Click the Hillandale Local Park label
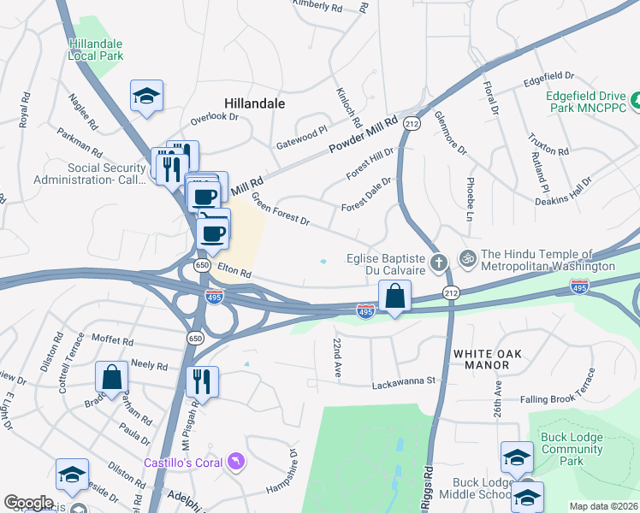tap(96, 50)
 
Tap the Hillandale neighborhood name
tap(254, 103)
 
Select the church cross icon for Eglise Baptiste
tap(439, 262)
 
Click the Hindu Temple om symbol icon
tap(467, 256)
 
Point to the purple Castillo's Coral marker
tap(235, 463)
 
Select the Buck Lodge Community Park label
tap(572, 449)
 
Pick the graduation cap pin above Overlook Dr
tap(147, 96)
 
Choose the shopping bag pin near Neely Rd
tap(111, 376)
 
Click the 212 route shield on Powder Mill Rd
tap(412, 124)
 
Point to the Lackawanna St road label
tap(404, 385)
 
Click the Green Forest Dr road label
tap(280, 209)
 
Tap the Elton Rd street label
tap(234, 271)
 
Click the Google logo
tap(28, 503)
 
